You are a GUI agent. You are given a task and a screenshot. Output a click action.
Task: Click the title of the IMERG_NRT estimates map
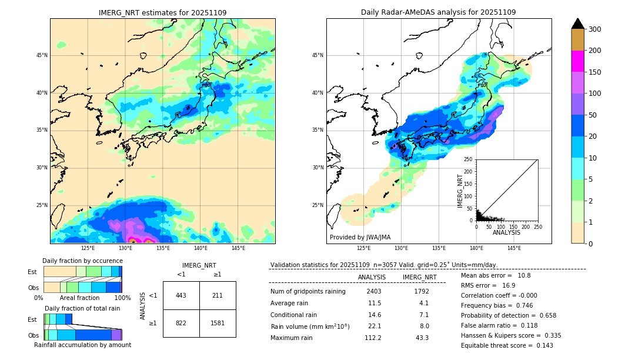[162, 12]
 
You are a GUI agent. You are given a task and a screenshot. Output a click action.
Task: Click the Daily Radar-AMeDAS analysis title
[439, 12]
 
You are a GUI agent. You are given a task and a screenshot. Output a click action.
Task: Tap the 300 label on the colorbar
[596, 29]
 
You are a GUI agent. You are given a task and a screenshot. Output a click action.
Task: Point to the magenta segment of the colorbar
[577, 61]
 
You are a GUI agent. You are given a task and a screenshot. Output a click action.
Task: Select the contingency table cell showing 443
[181, 295]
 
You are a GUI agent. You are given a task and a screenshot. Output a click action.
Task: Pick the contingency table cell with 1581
[218, 323]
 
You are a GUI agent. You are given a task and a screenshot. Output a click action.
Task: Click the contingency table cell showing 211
[218, 295]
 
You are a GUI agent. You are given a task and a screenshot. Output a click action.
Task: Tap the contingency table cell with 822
[181, 323]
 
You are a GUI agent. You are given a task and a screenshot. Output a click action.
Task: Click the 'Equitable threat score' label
[499, 345]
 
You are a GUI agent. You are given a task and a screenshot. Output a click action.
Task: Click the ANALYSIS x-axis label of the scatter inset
[506, 232]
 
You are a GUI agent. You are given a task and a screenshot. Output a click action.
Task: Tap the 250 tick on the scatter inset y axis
[469, 159]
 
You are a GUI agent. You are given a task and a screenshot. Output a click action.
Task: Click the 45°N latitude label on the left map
[42, 55]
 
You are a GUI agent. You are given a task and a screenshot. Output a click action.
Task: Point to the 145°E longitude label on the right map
[514, 248]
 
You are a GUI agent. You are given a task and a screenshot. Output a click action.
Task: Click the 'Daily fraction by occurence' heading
[82, 261]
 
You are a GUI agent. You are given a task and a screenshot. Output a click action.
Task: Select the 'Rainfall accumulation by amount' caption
[82, 345]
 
